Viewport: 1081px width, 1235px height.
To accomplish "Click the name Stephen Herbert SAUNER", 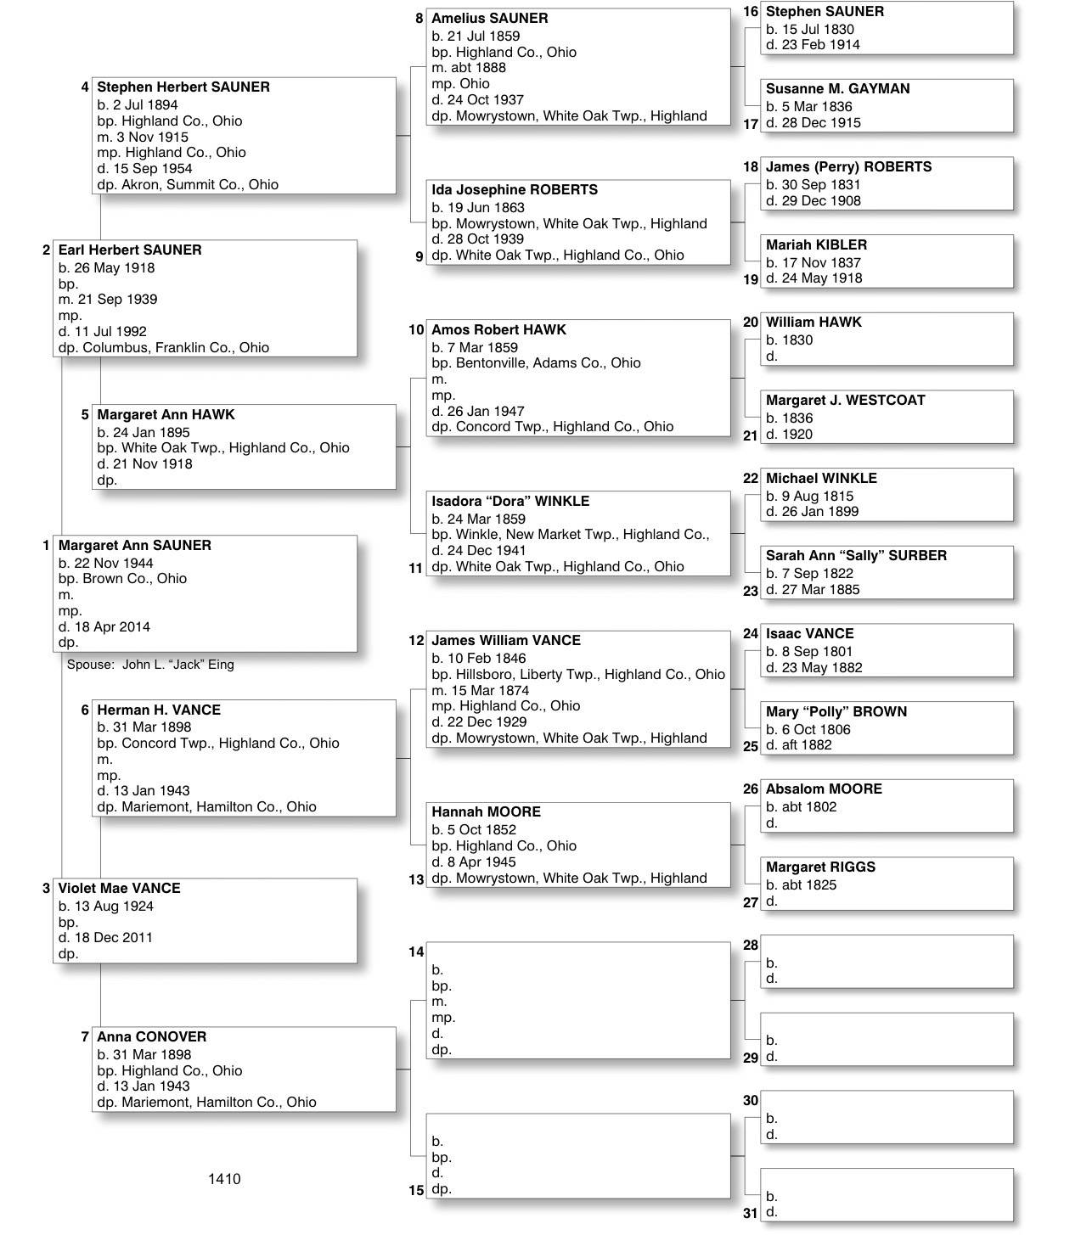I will coord(183,87).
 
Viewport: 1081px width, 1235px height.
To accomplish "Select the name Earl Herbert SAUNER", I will coord(130,250).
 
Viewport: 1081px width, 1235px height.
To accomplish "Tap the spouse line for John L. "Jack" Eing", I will coord(150,665).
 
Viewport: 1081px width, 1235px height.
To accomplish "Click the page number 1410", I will coord(224,1179).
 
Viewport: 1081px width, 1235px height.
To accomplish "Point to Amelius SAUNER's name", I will coord(490,19).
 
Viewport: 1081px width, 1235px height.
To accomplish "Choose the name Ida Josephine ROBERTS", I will coord(515,190).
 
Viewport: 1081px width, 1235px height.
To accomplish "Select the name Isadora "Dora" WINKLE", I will coord(510,502).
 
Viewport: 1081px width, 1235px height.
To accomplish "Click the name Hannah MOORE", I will coord(486,812).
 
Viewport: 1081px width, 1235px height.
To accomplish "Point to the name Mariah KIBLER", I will coord(816,245).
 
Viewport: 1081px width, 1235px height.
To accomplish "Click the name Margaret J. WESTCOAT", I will coord(845,401).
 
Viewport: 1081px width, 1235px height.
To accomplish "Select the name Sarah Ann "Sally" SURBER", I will coord(856,556).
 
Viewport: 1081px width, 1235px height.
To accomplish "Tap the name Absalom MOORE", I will coord(824,789).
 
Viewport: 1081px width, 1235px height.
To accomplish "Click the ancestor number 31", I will coord(750,1214).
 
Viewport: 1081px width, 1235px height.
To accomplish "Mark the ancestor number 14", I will coord(416,952).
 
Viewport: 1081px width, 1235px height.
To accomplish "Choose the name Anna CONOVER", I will coord(151,1037).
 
